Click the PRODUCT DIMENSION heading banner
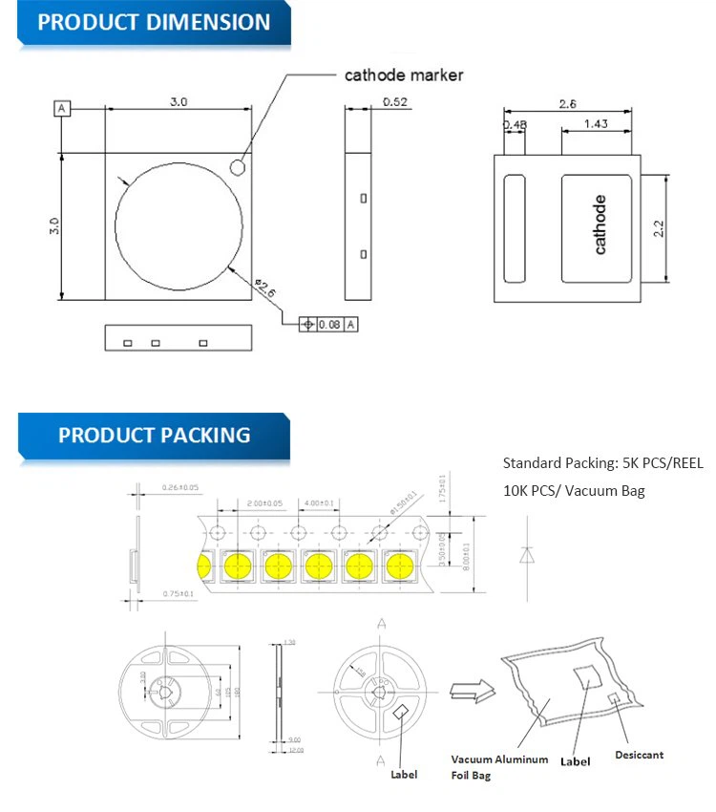point(153,23)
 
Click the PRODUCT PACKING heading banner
point(154,436)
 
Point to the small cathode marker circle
point(238,167)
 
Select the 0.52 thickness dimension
point(395,101)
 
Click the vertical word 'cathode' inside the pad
point(600,224)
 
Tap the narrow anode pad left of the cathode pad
point(515,228)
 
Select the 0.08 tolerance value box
point(328,325)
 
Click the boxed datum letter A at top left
point(62,109)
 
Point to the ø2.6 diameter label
point(266,289)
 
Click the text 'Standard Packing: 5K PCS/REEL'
point(602,463)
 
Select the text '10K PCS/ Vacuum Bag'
point(574,491)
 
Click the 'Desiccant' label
point(639,755)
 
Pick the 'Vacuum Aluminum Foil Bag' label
point(499,767)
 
